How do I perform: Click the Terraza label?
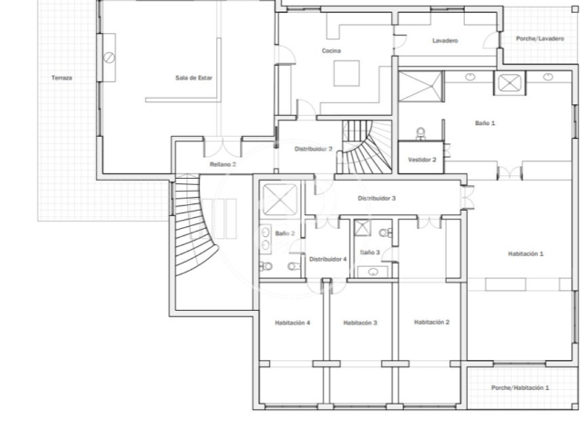point(62,78)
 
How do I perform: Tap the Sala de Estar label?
point(194,78)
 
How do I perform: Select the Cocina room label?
point(331,51)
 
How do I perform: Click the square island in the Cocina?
point(346,74)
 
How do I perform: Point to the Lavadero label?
point(445,40)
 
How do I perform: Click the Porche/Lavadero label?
point(540,38)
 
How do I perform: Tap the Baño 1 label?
point(485,123)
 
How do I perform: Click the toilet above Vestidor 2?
point(421,133)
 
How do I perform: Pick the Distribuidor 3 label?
point(377,198)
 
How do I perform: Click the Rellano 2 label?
point(223,164)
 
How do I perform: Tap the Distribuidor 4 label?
point(328,259)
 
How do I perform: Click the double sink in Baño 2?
point(265,239)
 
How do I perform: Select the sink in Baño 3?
point(373,272)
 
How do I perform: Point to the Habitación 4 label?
point(293,323)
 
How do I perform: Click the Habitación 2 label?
point(432,322)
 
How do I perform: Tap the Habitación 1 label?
point(526,254)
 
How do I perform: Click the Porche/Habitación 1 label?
point(520,388)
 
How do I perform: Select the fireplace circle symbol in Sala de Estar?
point(110,58)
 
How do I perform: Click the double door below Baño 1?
point(509,173)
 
